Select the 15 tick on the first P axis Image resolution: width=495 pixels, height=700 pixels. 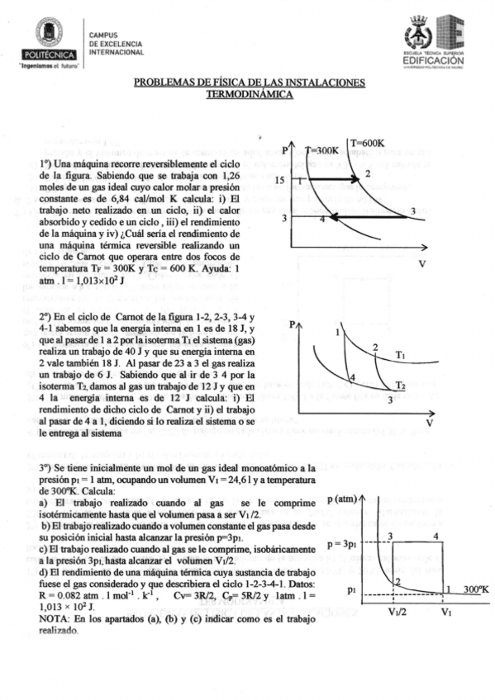click(282, 180)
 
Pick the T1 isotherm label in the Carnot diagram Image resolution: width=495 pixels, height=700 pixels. click(399, 356)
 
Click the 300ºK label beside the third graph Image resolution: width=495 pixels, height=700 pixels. click(475, 589)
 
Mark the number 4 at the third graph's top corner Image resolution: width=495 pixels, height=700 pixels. click(436, 537)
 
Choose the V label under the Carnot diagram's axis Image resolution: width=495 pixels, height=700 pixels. click(429, 423)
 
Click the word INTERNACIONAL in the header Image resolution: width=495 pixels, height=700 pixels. click(117, 51)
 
